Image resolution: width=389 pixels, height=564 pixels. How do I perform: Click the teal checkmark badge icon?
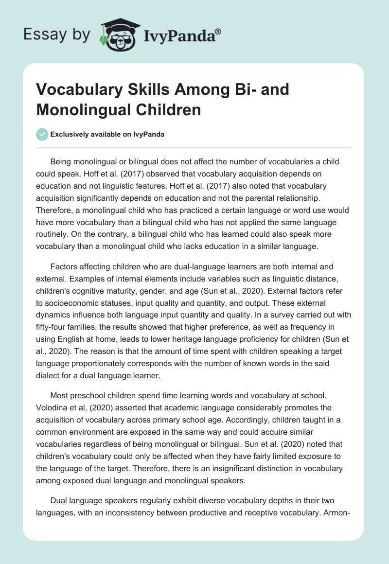(42, 134)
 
